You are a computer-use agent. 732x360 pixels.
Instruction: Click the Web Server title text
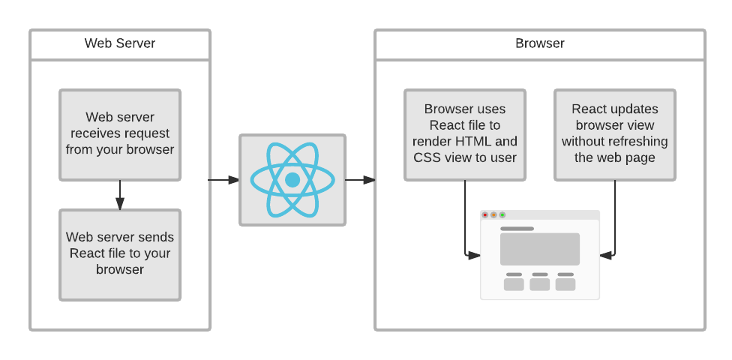(120, 43)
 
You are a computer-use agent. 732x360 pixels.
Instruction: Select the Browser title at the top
(539, 43)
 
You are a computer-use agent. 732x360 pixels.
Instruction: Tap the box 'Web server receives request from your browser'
(120, 134)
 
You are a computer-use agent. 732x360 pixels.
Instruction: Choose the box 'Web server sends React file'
(120, 254)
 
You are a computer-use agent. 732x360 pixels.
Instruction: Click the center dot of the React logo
(292, 180)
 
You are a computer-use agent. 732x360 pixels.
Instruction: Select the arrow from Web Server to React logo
(223, 180)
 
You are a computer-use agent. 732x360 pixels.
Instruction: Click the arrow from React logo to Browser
(360, 180)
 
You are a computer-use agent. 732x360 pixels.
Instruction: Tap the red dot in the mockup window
(485, 215)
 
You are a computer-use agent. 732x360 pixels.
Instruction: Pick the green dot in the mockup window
(502, 215)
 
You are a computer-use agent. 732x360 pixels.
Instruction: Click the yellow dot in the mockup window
(493, 215)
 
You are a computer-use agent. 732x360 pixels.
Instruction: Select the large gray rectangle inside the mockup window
(540, 249)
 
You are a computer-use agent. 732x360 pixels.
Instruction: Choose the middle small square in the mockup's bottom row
(540, 284)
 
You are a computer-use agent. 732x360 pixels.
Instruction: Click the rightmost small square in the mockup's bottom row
(565, 284)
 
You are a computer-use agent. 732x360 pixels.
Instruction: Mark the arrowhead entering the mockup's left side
(474, 255)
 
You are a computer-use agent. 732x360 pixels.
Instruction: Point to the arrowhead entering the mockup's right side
(606, 255)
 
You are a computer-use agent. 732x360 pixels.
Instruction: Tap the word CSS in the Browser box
(427, 157)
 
